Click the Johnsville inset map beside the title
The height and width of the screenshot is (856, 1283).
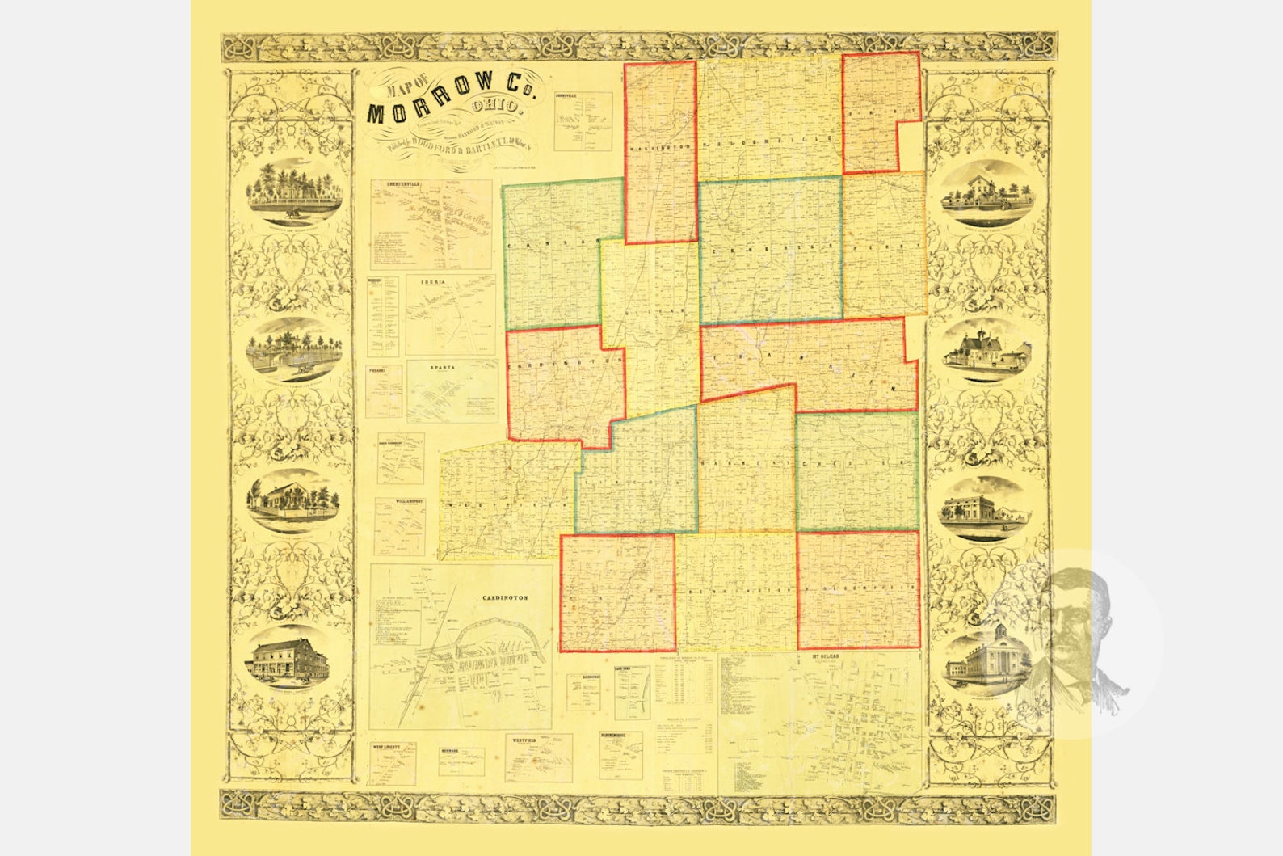click(583, 121)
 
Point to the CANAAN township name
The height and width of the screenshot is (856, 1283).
click(550, 242)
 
